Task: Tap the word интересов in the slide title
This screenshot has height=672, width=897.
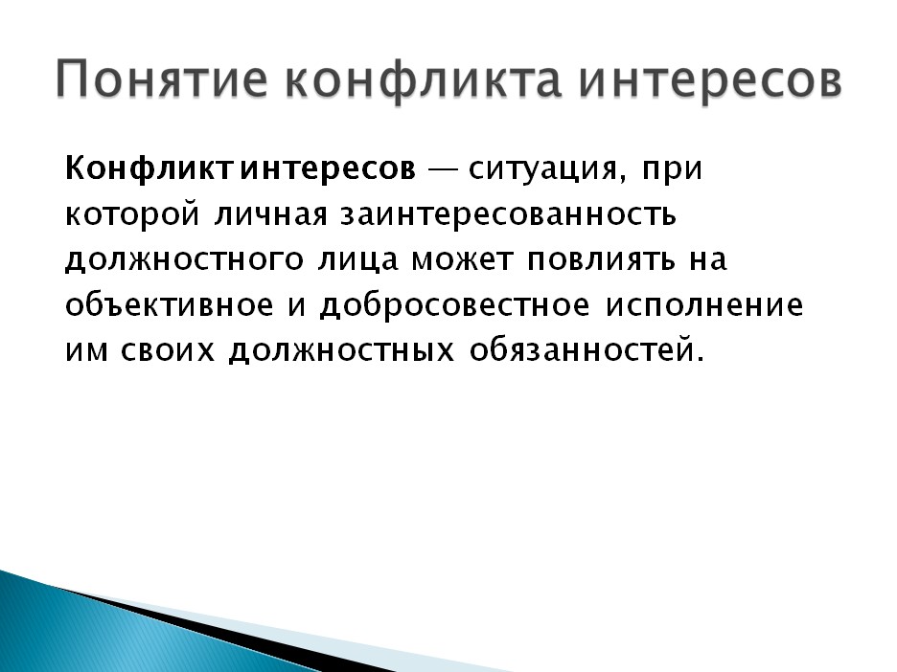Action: coord(709,79)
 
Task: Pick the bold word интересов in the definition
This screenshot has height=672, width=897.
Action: coord(328,169)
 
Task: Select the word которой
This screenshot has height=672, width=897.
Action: coord(132,214)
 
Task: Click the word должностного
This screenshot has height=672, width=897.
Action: coord(184,260)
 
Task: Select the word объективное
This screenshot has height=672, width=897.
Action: coord(170,304)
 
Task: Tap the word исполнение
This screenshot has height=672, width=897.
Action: coord(704,305)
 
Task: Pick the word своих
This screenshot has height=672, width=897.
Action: coord(168,350)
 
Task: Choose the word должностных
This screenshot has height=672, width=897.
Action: coord(341,351)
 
